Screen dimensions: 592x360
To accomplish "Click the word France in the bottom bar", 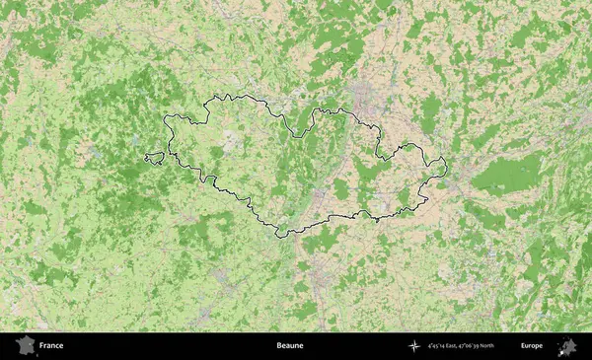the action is coord(51,346).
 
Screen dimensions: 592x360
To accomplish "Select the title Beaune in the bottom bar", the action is coord(290,346).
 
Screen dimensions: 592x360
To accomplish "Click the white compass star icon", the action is coord(414,346).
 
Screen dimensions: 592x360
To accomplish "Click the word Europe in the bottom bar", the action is coord(532,346).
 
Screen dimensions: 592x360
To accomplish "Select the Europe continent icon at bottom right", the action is coord(568,346).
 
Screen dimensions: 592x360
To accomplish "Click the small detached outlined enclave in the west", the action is coord(153,157).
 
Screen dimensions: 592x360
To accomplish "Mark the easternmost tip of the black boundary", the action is coord(446,166).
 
